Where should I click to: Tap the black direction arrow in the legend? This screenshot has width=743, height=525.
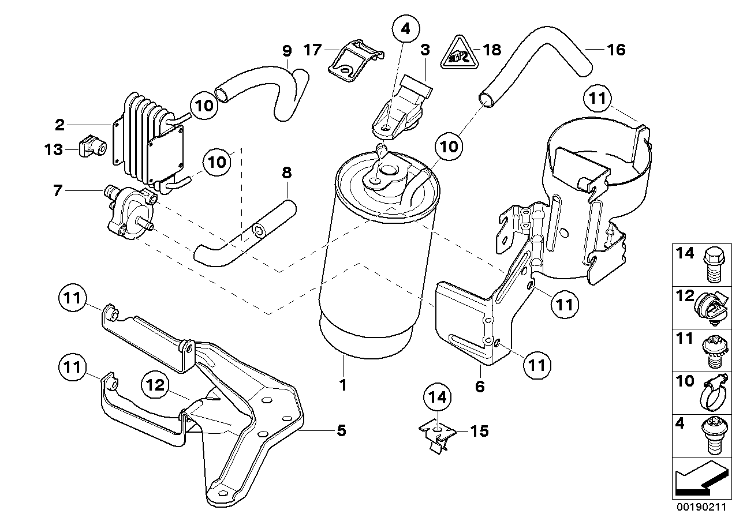pyautogui.click(x=698, y=480)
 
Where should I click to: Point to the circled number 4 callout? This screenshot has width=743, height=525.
pyautogui.click(x=406, y=28)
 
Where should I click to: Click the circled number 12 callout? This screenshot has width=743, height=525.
pyautogui.click(x=156, y=386)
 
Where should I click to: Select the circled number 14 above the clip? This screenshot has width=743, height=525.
pyautogui.click(x=438, y=397)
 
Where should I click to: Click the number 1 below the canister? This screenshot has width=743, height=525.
pyautogui.click(x=343, y=385)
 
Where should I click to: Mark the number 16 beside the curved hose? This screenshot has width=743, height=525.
pyautogui.click(x=616, y=50)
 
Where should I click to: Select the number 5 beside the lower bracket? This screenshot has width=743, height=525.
pyautogui.click(x=341, y=430)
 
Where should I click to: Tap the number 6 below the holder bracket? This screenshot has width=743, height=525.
pyautogui.click(x=480, y=386)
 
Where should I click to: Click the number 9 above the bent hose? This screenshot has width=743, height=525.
pyautogui.click(x=287, y=50)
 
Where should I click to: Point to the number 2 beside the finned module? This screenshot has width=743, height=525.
pyautogui.click(x=59, y=123)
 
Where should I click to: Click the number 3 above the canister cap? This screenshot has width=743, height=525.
pyautogui.click(x=425, y=50)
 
